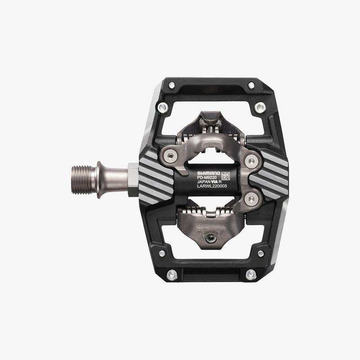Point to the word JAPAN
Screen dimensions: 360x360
pyautogui.click(x=203, y=182)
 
